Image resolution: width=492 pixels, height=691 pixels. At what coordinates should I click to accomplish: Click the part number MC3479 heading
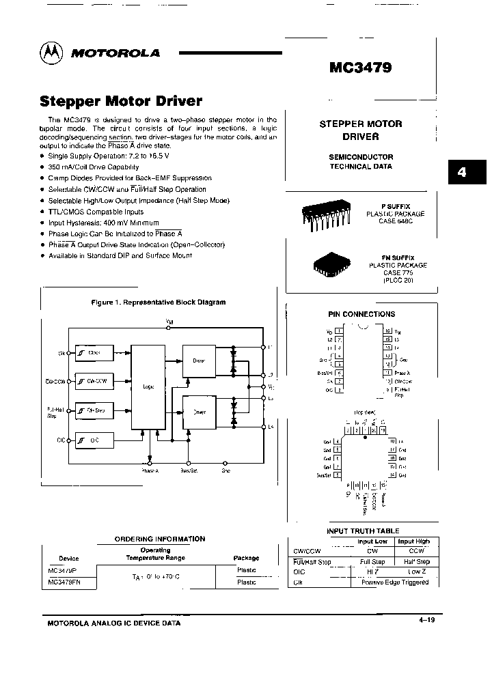click(x=361, y=69)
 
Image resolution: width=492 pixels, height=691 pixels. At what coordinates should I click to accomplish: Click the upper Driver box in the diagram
click(x=199, y=361)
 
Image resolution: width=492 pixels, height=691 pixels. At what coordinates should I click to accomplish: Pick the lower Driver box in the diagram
click(x=199, y=412)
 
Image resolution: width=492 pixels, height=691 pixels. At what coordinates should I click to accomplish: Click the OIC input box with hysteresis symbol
click(x=94, y=440)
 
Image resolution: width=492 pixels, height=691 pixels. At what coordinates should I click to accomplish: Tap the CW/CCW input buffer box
click(x=94, y=381)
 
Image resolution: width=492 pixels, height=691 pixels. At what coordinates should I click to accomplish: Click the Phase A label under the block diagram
click(x=150, y=470)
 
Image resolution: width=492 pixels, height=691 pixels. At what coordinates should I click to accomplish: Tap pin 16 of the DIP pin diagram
click(x=387, y=330)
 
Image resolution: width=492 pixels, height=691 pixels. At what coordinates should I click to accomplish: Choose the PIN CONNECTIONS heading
click(x=361, y=314)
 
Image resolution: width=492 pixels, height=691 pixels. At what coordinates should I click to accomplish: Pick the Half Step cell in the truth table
click(x=413, y=562)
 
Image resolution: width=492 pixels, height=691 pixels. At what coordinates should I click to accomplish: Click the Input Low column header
click(x=372, y=541)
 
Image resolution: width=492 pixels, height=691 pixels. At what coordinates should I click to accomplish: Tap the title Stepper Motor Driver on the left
click(x=122, y=101)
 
